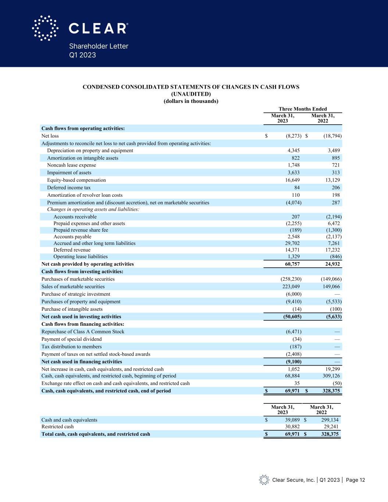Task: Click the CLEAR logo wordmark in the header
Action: [x=98, y=28]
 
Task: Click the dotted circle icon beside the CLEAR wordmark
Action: [x=45, y=28]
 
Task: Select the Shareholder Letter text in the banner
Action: [x=99, y=46]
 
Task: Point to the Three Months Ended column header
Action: [x=303, y=109]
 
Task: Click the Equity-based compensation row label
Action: [x=76, y=180]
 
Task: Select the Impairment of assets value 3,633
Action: [x=293, y=173]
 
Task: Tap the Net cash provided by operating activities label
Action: [x=88, y=264]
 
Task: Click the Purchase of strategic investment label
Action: [x=76, y=294]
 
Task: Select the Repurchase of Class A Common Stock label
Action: [x=83, y=332]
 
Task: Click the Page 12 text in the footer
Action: [x=356, y=480]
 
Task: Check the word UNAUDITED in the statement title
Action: [x=191, y=94]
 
